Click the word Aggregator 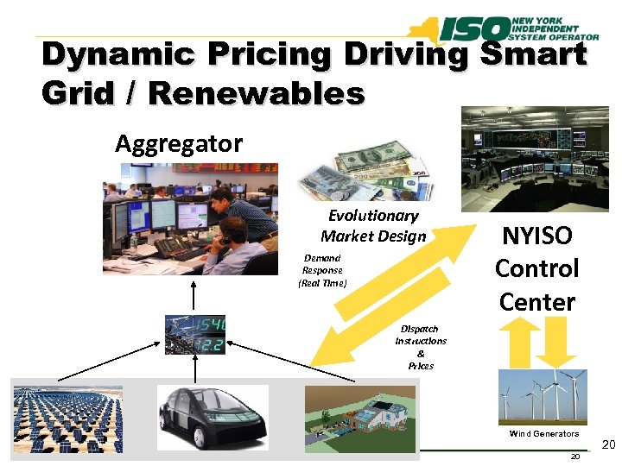(179, 143)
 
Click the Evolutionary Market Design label (373, 226)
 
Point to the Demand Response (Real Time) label (322, 270)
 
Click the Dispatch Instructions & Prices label (420, 347)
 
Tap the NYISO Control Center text (536, 268)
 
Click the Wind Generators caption (543, 433)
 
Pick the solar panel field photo (67, 419)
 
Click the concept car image (213, 417)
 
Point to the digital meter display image (197, 334)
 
